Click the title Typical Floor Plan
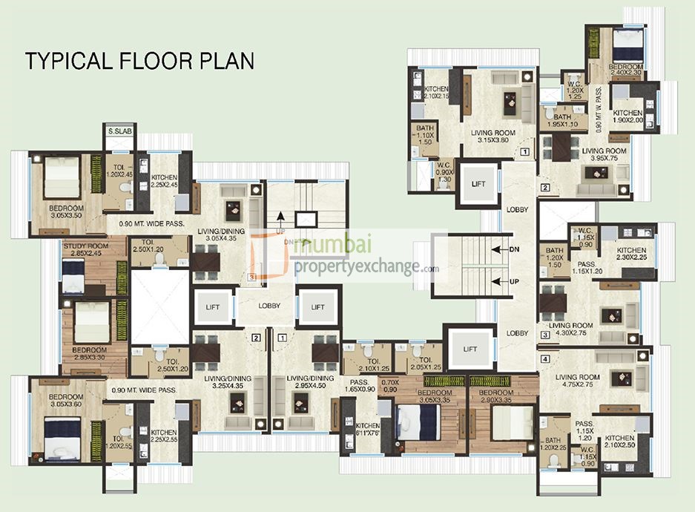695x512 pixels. (x=140, y=60)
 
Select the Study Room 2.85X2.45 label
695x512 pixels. (x=82, y=249)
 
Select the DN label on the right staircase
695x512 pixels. (x=513, y=249)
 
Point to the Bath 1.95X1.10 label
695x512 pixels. (x=562, y=121)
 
